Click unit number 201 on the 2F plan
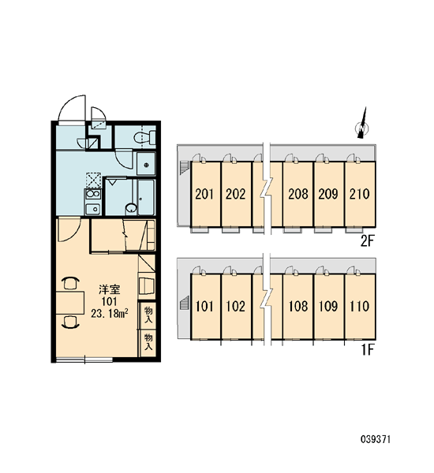pyautogui.click(x=204, y=194)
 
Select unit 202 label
pyautogui.click(x=236, y=194)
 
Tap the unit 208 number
pyautogui.click(x=298, y=194)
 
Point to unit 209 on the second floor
pyautogui.click(x=328, y=194)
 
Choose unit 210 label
pyautogui.click(x=359, y=194)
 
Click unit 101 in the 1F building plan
pyautogui.click(x=204, y=306)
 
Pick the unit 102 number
pyautogui.click(x=236, y=306)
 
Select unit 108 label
pyautogui.click(x=298, y=306)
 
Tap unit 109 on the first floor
pyautogui.click(x=328, y=306)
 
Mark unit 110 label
pyautogui.click(x=359, y=306)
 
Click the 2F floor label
pyautogui.click(x=368, y=241)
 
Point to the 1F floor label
pyautogui.click(x=369, y=350)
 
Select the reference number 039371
pyautogui.click(x=376, y=440)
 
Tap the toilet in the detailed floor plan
pyautogui.click(x=144, y=137)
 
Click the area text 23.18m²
pyautogui.click(x=110, y=314)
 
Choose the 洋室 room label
pyautogui.click(x=110, y=289)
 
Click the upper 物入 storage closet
pyautogui.click(x=148, y=315)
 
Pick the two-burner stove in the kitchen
pyautogui.click(x=93, y=194)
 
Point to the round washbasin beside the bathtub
pyautogui.click(x=131, y=208)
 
